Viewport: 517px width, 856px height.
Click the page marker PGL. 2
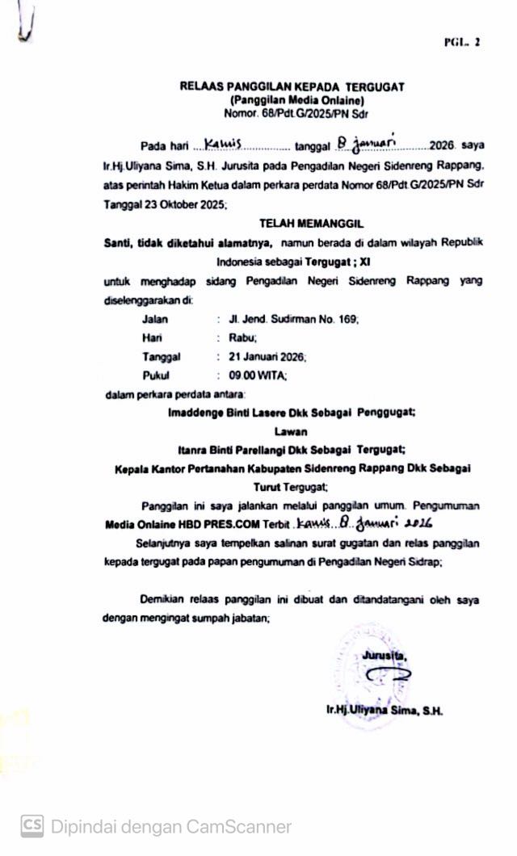[x=461, y=42]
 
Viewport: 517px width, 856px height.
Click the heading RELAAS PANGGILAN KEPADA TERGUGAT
[x=292, y=86]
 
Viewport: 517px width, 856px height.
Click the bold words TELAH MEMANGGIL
[x=292, y=220]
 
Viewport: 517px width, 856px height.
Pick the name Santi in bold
[x=119, y=242]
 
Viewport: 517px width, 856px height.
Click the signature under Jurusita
[x=386, y=675]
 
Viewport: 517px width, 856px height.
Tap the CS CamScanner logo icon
[x=32, y=825]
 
